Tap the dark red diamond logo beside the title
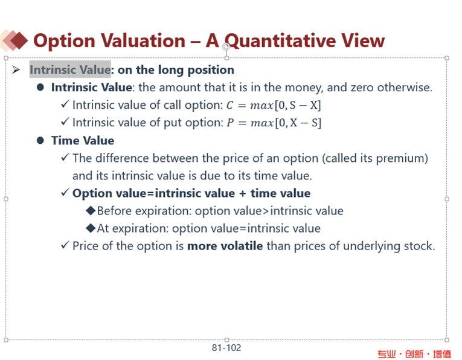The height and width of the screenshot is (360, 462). [19, 40]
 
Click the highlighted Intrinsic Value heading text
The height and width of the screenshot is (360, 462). [70, 70]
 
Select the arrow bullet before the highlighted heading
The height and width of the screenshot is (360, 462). [16, 70]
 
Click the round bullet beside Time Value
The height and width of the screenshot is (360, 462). [40, 140]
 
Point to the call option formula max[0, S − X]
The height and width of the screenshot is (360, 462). [286, 105]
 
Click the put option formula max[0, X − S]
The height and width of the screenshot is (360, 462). [286, 123]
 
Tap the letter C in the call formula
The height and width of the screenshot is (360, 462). [230, 105]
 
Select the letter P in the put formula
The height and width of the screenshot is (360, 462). [230, 123]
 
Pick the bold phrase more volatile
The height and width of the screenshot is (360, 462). [225, 246]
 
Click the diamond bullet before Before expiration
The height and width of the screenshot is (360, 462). [91, 211]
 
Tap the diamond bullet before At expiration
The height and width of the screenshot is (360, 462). [91, 228]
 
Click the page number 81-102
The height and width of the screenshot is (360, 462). [226, 348]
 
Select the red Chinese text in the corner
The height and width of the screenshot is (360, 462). [414, 354]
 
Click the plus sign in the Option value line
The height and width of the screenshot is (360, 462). [243, 193]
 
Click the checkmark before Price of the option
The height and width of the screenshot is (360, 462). [65, 245]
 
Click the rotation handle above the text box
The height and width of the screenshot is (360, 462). [226, 47]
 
